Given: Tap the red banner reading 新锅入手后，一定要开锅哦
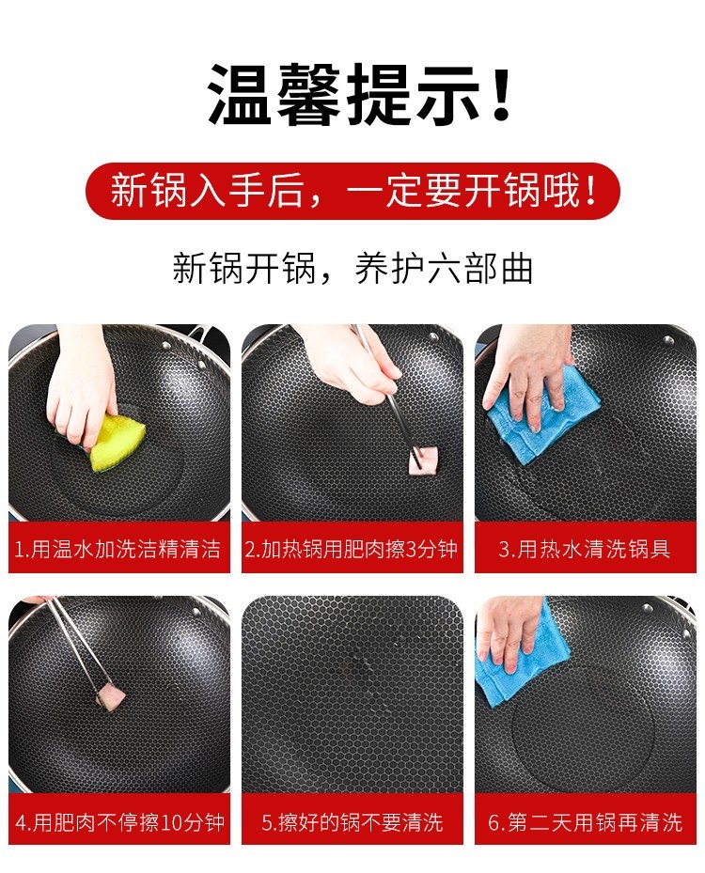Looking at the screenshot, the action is [x=352, y=191].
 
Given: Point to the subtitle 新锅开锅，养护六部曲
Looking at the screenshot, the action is [x=352, y=269].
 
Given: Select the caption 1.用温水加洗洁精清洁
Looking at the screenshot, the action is [x=118, y=549].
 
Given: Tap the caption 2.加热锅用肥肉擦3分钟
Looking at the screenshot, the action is [x=352, y=549].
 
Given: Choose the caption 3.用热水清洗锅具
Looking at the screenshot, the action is [x=585, y=549].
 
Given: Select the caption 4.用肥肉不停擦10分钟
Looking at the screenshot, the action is [x=119, y=822].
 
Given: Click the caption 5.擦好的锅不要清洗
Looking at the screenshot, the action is [x=352, y=822].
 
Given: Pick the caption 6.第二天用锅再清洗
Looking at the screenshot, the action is [x=586, y=822].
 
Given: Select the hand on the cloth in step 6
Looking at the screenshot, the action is [x=509, y=631].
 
